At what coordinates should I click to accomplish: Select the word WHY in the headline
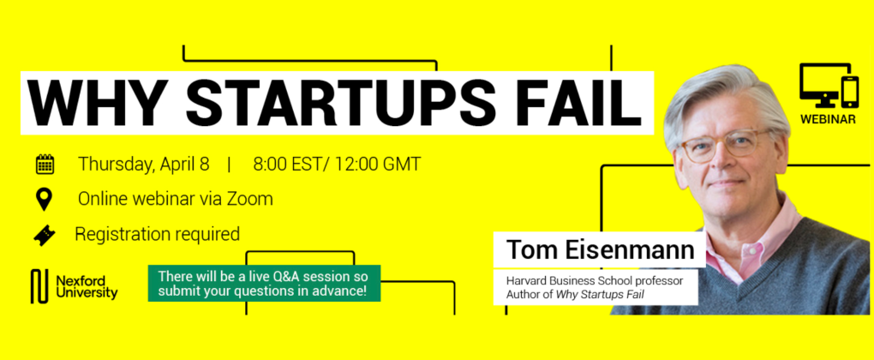[x=97, y=104]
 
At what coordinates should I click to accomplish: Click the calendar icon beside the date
[x=45, y=165]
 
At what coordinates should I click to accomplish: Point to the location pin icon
[x=44, y=199]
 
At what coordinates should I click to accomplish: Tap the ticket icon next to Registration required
[x=44, y=235]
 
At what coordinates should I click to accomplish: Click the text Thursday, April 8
[x=143, y=165]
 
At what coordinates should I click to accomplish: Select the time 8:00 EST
[x=290, y=165]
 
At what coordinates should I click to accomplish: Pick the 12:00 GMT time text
[x=379, y=165]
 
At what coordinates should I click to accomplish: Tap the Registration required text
[x=157, y=234]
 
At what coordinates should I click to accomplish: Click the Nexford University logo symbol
[x=39, y=286]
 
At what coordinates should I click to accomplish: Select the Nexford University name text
[x=87, y=286]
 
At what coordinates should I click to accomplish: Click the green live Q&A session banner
[x=264, y=283]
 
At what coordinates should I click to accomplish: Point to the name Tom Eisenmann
[x=600, y=250]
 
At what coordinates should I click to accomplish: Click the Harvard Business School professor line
[x=594, y=280]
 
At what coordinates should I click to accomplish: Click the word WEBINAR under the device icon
[x=828, y=119]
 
